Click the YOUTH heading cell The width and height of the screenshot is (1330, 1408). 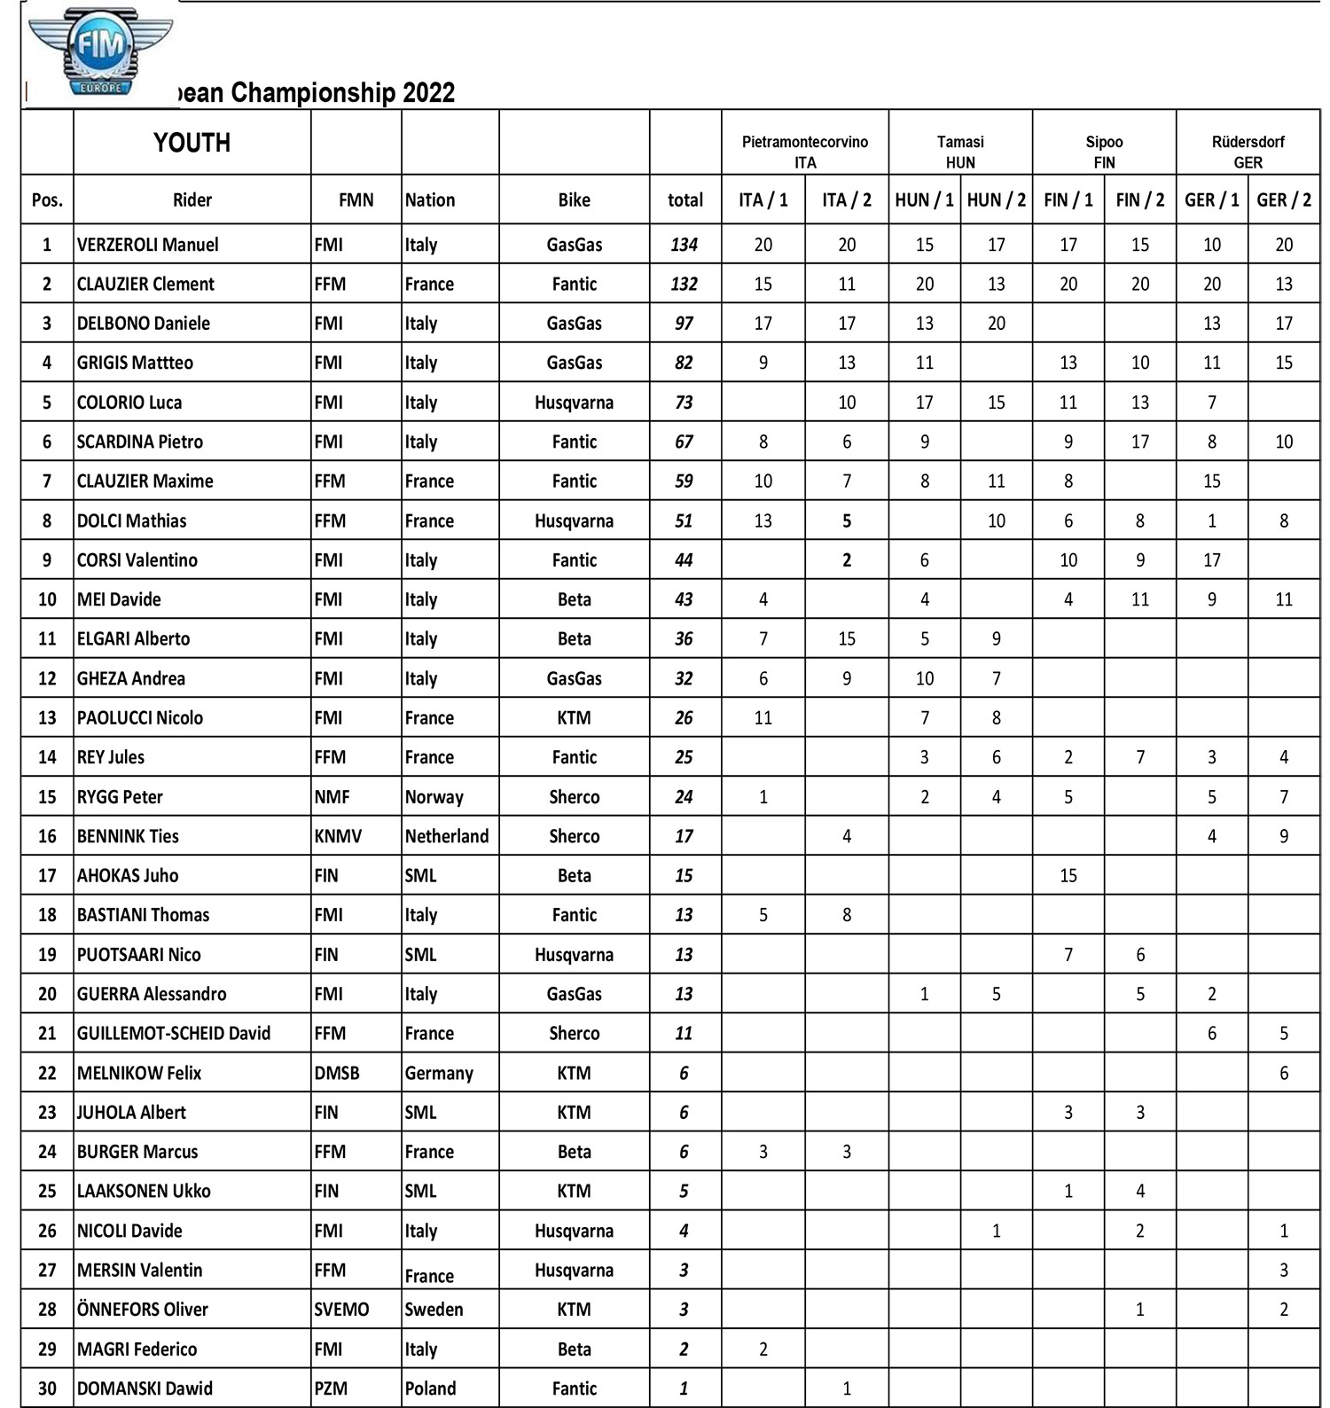click(x=192, y=143)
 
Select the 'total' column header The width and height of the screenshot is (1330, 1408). click(x=685, y=200)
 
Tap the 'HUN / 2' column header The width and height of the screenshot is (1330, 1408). click(x=996, y=200)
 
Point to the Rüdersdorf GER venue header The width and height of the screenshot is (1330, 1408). click(x=1248, y=152)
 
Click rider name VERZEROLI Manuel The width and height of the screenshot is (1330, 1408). click(x=147, y=245)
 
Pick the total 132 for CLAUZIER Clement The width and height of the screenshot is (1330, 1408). click(x=684, y=285)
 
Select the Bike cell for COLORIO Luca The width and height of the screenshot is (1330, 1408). click(x=574, y=403)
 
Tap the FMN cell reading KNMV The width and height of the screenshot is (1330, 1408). click(x=338, y=836)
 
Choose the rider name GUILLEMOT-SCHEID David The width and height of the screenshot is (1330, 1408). click(x=174, y=1034)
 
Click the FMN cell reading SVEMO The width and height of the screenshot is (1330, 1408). click(x=341, y=1310)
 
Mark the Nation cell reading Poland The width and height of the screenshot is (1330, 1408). click(x=430, y=1388)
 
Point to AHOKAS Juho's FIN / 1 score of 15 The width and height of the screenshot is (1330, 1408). click(x=1068, y=876)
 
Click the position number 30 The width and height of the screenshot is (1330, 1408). click(x=47, y=1388)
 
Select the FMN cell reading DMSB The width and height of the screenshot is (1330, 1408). click(x=337, y=1073)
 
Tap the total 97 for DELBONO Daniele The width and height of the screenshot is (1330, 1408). click(x=684, y=324)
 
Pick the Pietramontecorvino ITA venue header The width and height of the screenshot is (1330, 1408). click(x=804, y=152)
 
